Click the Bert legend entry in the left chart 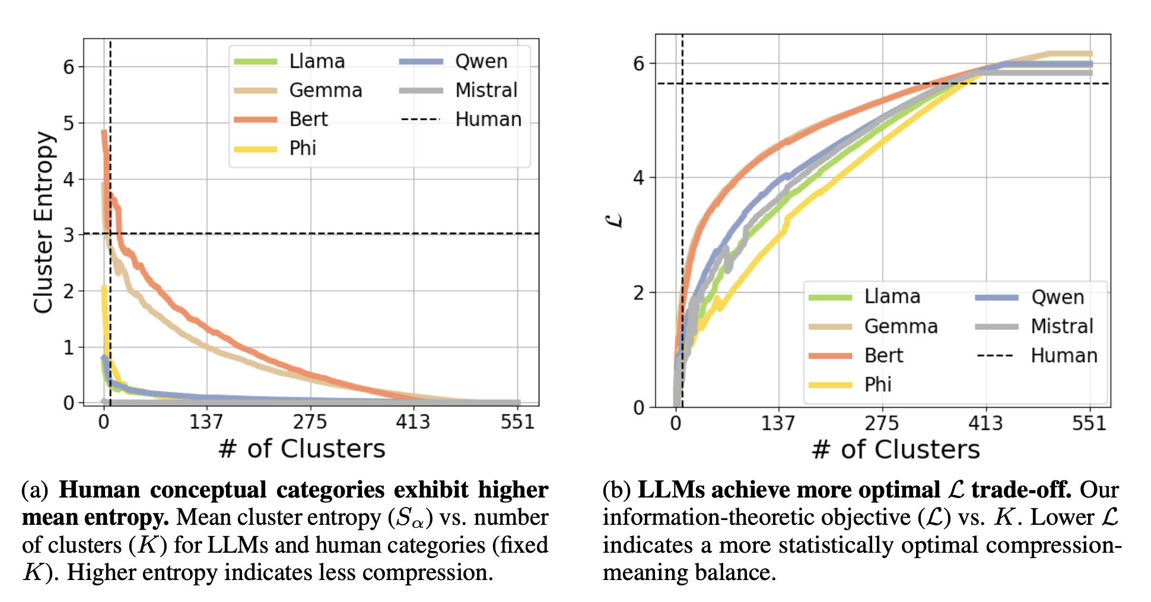(x=308, y=119)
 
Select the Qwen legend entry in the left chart (x=481, y=61)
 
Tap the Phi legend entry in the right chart (x=877, y=385)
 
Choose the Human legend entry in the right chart (x=1063, y=356)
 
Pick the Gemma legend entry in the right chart (x=901, y=327)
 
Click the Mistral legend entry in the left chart (x=486, y=90)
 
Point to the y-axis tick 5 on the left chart (x=69, y=123)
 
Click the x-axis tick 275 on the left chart (x=310, y=422)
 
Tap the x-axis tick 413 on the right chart (x=985, y=423)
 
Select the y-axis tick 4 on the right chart (x=639, y=178)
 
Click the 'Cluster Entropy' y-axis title (x=44, y=223)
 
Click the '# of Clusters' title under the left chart (x=302, y=449)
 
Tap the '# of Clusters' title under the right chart (x=896, y=449)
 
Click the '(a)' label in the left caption (x=35, y=490)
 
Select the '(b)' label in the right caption (x=616, y=490)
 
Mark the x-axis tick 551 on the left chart (x=517, y=422)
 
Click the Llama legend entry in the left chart (x=316, y=61)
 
